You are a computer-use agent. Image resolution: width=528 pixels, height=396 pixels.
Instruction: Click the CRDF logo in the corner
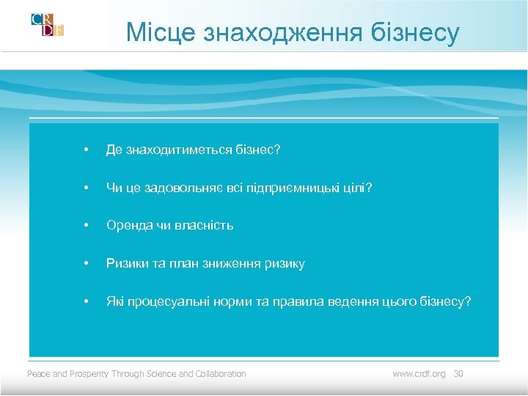coord(47,25)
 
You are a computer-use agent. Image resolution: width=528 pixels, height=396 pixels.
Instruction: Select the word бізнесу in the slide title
coord(417,32)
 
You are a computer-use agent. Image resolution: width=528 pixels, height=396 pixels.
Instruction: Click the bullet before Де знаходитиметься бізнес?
coord(87,150)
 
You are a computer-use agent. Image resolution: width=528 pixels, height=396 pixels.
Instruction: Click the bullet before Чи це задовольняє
coord(87,188)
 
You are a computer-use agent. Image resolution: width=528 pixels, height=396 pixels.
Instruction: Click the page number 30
coord(459,374)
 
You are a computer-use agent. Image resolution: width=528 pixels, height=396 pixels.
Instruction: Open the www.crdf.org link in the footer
coord(419,374)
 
